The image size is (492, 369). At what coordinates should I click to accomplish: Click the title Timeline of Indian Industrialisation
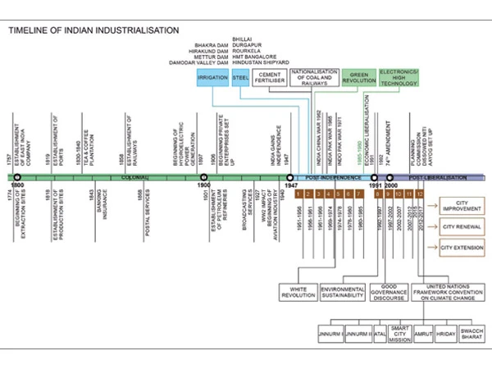(x=93, y=30)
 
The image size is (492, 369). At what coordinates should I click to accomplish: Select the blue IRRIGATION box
(x=212, y=79)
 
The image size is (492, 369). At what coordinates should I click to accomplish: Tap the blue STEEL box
(x=240, y=79)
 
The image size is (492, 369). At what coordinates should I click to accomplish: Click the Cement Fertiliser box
(x=270, y=79)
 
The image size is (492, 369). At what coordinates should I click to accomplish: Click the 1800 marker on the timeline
(x=16, y=176)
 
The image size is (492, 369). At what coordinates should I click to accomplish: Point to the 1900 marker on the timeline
(x=204, y=176)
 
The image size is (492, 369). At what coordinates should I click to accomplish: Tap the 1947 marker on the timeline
(x=289, y=176)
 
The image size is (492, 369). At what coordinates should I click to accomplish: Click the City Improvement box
(x=464, y=205)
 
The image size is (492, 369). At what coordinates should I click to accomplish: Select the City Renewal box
(x=461, y=225)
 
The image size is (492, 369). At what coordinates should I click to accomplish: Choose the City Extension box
(x=462, y=247)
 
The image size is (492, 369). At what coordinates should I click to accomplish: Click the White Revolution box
(x=298, y=292)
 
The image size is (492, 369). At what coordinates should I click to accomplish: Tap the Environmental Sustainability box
(x=342, y=292)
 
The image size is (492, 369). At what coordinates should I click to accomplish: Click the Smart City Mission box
(x=399, y=335)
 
